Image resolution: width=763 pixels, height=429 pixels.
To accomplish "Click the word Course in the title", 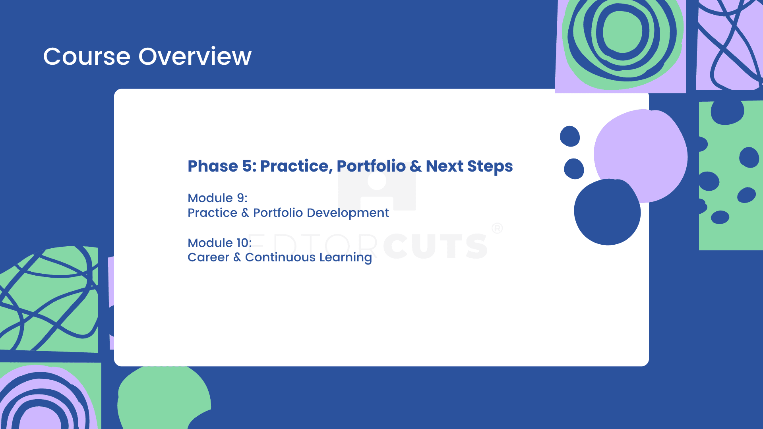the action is pos(87,56).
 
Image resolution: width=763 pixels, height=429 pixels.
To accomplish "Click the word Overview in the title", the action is pos(195,56).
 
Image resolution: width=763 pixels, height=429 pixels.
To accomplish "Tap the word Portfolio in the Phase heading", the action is pos(371,166).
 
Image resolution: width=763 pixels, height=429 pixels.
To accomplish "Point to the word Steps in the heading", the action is pos(490,167).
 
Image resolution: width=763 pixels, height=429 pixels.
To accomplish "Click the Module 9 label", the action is pos(217,198).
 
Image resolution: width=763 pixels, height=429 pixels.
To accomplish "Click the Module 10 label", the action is pos(219,243).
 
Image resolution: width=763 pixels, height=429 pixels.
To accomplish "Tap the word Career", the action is pos(208,257).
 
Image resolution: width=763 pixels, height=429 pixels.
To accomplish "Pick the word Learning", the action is pos(345,258).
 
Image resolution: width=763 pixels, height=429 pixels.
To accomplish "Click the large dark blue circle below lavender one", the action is pos(607,212).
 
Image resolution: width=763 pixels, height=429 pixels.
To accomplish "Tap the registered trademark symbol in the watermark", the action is pos(497,228).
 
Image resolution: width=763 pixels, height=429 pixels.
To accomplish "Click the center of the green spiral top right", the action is pos(623,32).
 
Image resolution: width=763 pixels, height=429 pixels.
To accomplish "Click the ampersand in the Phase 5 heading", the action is pos(416,166).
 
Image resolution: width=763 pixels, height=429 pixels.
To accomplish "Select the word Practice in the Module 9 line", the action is pos(212,213).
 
